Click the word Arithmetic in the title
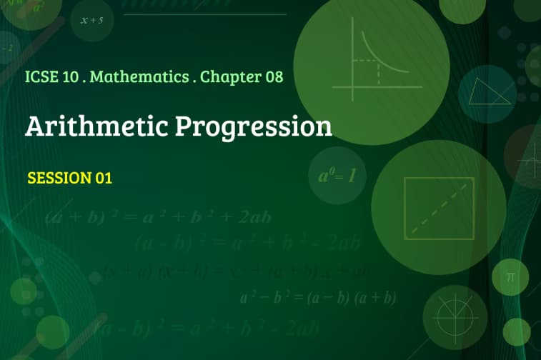point(96,126)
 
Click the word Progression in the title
point(254,127)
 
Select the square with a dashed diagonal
point(439,207)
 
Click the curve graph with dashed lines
point(372,61)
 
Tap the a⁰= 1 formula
point(332,175)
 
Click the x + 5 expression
point(92,20)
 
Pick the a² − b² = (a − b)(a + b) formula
point(318,297)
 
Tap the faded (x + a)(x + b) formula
point(236,271)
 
